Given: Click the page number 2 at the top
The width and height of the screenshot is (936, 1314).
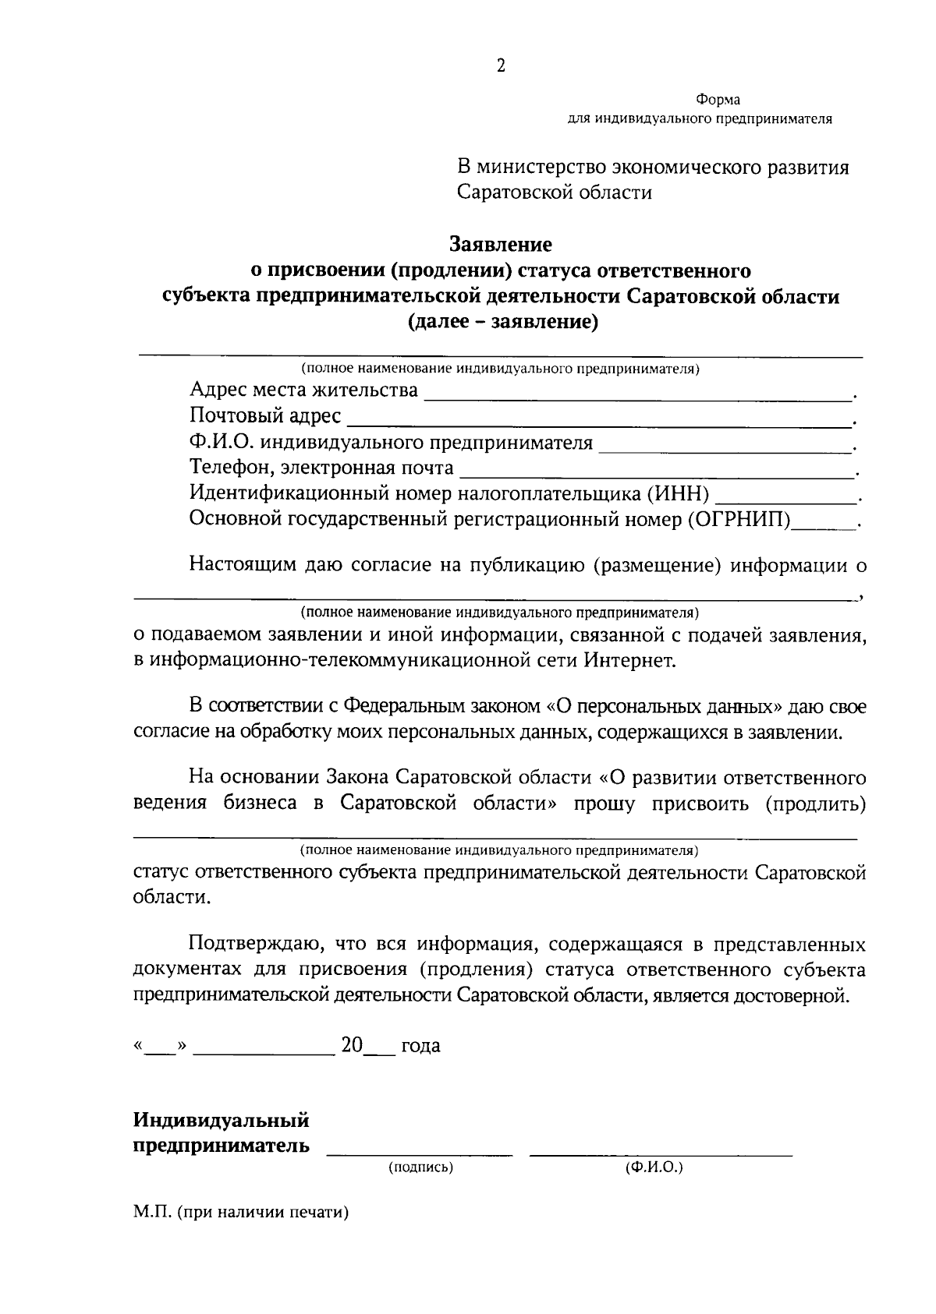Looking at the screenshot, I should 501,66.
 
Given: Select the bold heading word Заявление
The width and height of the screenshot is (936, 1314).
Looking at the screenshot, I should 501,245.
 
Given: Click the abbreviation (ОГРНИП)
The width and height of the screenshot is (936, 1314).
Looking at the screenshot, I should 739,520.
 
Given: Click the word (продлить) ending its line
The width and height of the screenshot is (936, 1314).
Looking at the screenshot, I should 816,804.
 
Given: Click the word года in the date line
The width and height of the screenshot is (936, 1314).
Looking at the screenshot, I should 420,1046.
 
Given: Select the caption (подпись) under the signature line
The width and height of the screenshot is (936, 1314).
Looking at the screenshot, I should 420,1167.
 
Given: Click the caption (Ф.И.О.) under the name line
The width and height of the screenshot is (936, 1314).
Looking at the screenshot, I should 654,1167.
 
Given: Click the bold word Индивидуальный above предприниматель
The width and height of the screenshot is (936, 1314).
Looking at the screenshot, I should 222,1121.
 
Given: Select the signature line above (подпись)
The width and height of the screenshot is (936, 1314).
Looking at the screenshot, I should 420,1152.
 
